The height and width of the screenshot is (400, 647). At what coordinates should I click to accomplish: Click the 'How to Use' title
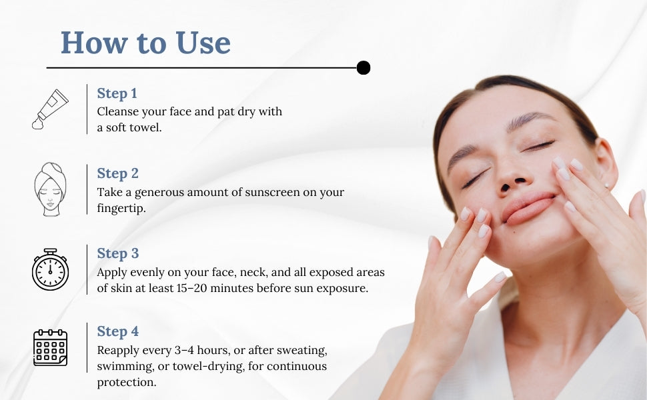[145, 43]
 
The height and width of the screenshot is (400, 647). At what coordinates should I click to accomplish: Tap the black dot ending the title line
[363, 67]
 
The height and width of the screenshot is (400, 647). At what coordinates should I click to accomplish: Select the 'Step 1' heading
[117, 93]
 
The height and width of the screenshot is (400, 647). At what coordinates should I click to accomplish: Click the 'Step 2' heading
[117, 173]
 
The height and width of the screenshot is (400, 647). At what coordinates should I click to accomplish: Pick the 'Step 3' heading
[117, 253]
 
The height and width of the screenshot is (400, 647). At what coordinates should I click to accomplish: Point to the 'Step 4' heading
[117, 331]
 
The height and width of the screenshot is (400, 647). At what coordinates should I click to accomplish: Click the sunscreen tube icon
[50, 109]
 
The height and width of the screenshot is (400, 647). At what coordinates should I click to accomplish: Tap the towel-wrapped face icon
[50, 189]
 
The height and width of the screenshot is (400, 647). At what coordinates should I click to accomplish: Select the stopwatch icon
[50, 269]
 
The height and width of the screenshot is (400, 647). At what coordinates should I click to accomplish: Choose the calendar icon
[50, 347]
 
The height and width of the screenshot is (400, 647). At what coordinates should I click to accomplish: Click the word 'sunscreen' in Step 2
[272, 192]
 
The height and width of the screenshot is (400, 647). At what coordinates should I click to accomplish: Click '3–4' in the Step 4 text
[184, 350]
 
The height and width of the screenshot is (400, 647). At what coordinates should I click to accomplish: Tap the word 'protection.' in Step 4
[127, 383]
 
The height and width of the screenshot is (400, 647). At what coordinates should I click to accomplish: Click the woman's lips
[528, 208]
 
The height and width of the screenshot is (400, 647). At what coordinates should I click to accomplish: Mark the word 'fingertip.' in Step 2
[121, 208]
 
